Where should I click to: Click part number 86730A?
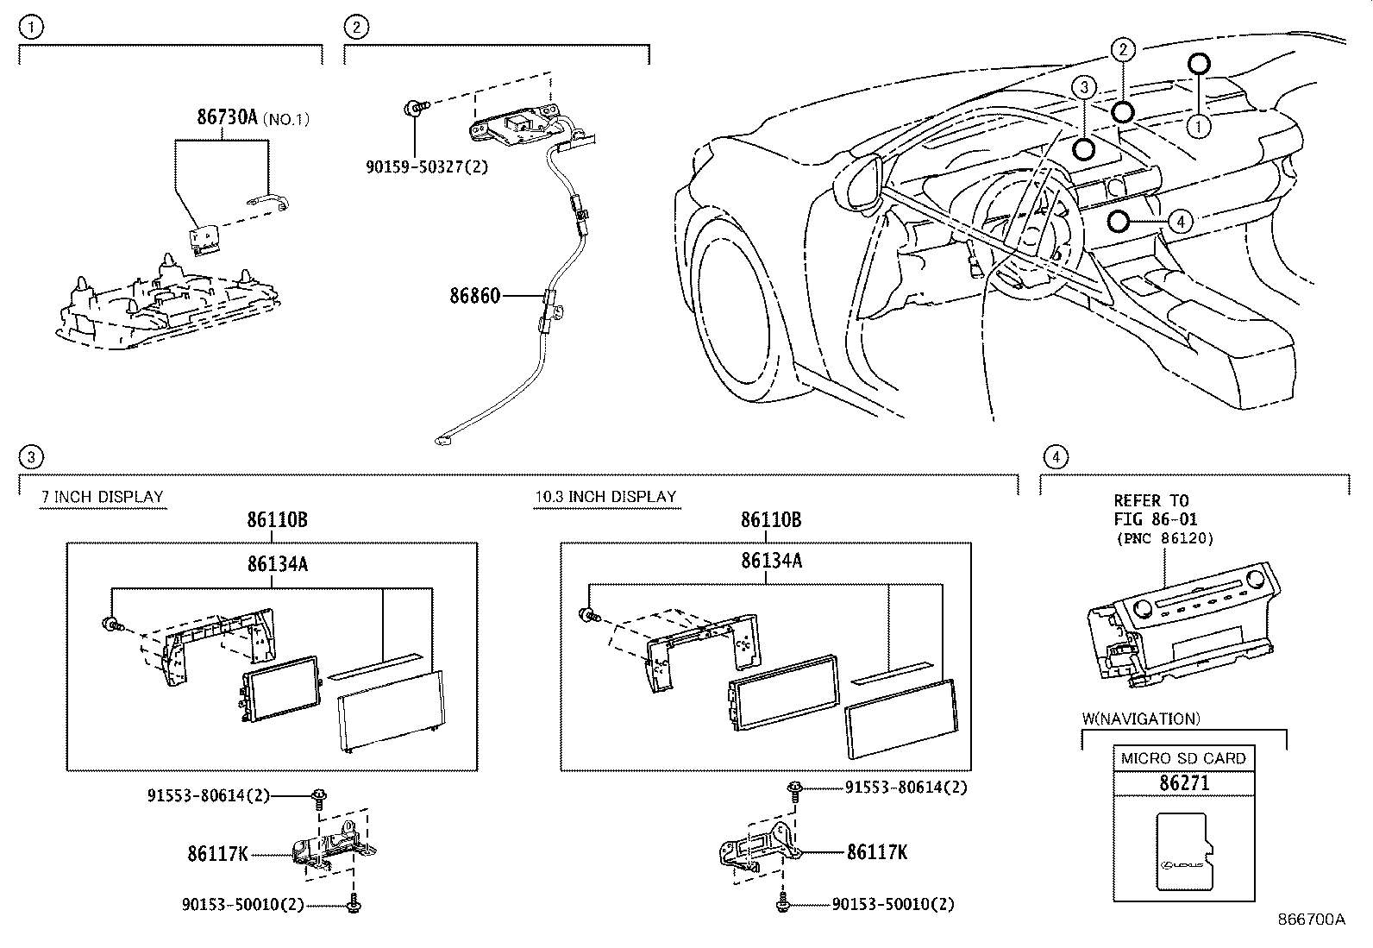[x=228, y=118]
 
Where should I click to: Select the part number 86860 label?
[x=474, y=296]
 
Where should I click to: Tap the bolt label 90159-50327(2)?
[x=426, y=166]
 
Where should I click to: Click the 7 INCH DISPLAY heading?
[x=103, y=497]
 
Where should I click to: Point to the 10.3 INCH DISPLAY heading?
[x=605, y=497]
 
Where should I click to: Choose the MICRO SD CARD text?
[x=1183, y=758]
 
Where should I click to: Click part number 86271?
[x=1184, y=783]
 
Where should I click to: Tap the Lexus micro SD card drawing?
[x=1184, y=851]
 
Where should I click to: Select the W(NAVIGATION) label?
[x=1141, y=719]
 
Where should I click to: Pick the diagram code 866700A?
[x=1311, y=920]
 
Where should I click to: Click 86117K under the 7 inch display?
[x=217, y=854]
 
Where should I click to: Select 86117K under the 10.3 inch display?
[x=876, y=852]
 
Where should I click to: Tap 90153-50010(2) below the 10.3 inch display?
[x=893, y=904]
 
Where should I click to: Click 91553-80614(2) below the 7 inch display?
[x=207, y=795]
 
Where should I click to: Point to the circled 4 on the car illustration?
[x=1180, y=222]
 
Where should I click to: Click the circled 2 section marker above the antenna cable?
[x=355, y=28]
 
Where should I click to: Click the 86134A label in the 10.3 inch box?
[x=771, y=561]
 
